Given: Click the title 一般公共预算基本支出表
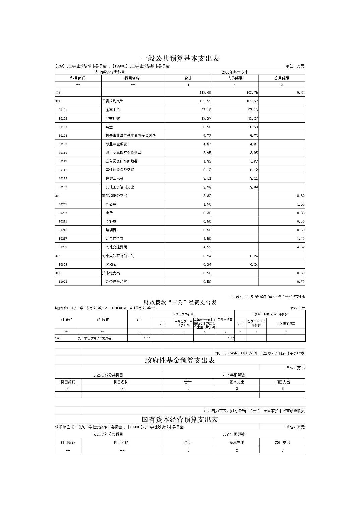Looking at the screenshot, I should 180,58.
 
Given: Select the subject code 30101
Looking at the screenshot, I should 63,110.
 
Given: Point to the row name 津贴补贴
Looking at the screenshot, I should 113,119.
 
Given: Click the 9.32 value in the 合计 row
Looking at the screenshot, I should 300,93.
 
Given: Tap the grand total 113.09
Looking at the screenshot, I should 205,93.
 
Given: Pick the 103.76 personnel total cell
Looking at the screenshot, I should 252,93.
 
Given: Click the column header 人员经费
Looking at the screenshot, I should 235,78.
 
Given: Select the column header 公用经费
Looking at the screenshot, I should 282,78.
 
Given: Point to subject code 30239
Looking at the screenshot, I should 63,247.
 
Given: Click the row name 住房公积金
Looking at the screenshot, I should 114,178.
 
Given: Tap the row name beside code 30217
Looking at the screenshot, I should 114,239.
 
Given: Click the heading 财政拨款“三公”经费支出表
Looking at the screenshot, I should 180,303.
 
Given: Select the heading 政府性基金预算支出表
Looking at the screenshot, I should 180,361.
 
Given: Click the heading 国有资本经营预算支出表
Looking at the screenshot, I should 180,420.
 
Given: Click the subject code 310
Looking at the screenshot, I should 58,273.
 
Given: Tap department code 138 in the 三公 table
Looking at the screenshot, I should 57,338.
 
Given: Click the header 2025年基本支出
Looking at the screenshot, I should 235,72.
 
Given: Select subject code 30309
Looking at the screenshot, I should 63,265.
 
